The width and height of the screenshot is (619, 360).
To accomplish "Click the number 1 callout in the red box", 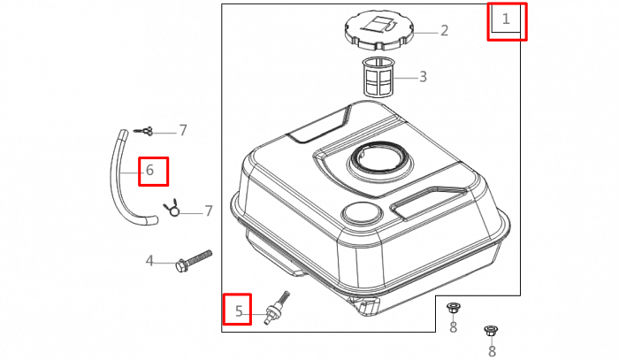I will [507, 18].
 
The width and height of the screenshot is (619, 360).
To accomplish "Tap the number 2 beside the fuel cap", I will [444, 31].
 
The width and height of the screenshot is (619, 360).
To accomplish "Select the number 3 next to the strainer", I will [423, 77].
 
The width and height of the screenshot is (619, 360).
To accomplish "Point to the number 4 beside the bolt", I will [149, 261].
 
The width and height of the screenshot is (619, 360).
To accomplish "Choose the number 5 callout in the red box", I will [237, 310].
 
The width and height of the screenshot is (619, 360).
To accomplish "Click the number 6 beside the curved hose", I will [149, 171].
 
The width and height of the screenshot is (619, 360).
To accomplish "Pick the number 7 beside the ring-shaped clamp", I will [209, 211].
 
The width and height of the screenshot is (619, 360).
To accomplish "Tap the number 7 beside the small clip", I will [183, 131].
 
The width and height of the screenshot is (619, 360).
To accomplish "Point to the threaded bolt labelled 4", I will [195, 260].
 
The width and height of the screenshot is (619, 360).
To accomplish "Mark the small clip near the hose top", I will [146, 132].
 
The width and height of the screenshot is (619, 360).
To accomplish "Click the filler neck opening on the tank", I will [380, 161].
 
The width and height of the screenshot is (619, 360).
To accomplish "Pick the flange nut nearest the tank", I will [453, 308].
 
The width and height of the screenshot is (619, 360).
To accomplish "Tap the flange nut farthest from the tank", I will [489, 331].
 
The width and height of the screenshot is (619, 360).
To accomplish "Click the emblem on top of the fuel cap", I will [383, 23].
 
